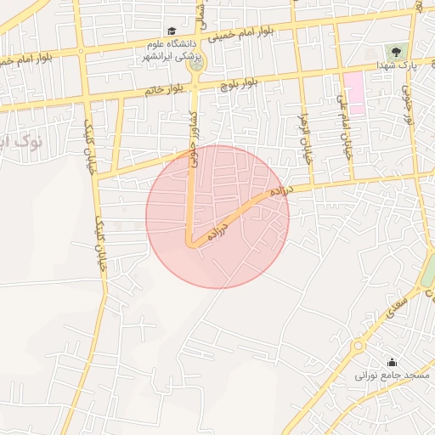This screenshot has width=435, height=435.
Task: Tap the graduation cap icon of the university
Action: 172,31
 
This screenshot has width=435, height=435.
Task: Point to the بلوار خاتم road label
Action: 164,88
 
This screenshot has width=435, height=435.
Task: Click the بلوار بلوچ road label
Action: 239,82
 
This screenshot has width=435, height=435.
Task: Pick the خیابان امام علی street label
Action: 346,127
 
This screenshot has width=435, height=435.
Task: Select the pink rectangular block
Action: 354,93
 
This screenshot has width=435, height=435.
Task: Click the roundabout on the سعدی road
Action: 359,347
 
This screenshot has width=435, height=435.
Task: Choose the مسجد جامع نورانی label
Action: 393,375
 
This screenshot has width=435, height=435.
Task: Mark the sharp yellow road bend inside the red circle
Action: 192,245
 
